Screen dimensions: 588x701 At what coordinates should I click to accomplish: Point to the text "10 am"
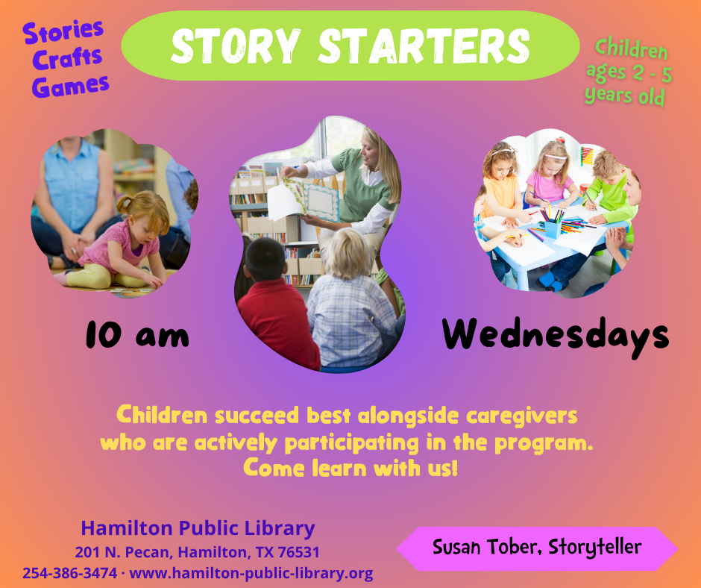(136, 335)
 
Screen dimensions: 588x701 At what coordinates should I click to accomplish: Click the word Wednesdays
(556, 335)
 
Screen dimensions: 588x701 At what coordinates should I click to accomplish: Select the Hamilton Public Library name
(198, 528)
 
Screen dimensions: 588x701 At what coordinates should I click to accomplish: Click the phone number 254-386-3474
(69, 573)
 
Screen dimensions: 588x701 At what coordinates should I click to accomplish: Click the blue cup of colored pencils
(552, 224)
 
